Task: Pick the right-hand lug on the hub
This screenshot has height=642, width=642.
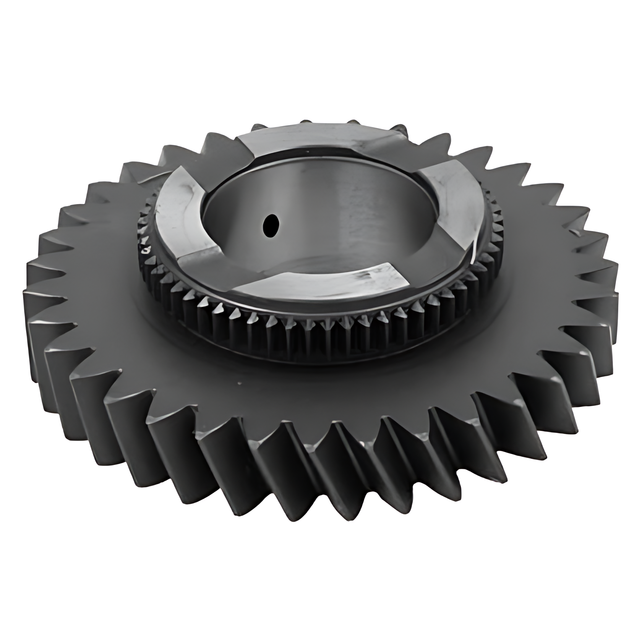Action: click(x=453, y=199)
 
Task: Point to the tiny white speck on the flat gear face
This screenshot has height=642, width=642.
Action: click(x=239, y=383)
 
